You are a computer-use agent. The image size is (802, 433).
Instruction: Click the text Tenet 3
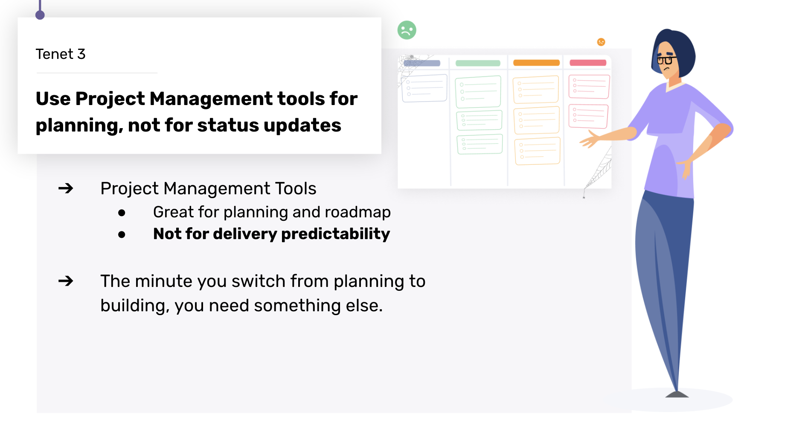click(x=61, y=54)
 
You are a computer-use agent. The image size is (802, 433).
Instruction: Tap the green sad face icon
click(x=407, y=30)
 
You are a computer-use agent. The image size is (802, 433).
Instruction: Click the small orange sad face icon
click(x=601, y=42)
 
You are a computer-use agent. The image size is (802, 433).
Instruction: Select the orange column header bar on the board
click(x=536, y=63)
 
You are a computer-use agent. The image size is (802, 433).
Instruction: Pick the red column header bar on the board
click(x=588, y=63)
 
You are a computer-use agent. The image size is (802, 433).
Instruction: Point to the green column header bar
click(x=478, y=63)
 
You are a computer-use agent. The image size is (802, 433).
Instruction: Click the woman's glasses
click(x=666, y=59)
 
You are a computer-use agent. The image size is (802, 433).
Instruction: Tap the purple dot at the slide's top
click(x=40, y=15)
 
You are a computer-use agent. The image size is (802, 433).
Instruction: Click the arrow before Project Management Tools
click(x=66, y=188)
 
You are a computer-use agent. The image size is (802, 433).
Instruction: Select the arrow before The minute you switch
click(x=66, y=281)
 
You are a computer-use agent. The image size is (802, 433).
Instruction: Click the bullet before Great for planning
click(x=122, y=213)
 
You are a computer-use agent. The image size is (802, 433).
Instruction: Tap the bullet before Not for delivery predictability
click(x=122, y=234)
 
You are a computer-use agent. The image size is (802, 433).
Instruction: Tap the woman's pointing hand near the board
click(x=590, y=139)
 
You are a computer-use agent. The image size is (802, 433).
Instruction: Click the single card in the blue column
click(x=424, y=88)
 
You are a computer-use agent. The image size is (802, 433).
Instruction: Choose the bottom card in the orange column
click(x=538, y=151)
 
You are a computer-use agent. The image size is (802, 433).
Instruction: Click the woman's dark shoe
click(x=677, y=394)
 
